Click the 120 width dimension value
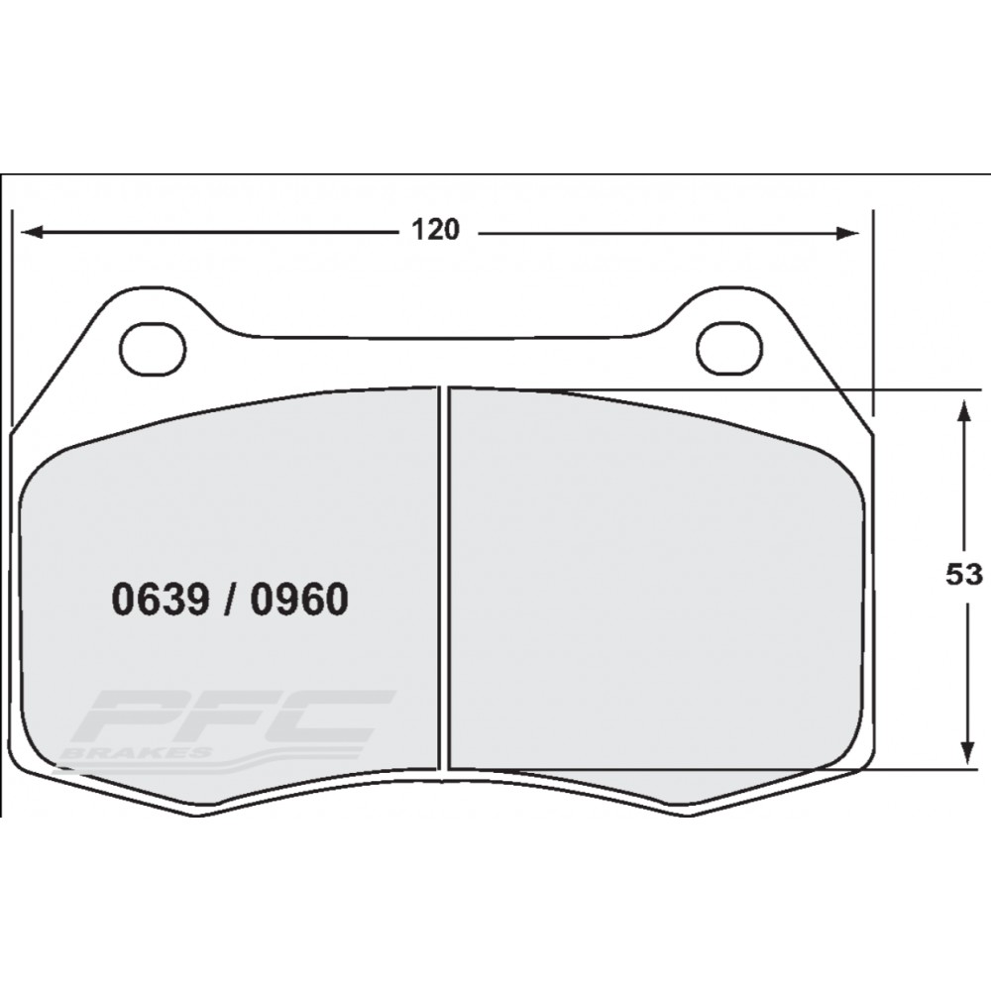click(436, 231)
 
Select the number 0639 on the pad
click(159, 601)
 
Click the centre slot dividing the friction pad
click(444, 575)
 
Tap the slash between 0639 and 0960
click(229, 601)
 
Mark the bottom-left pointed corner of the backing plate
click(198, 814)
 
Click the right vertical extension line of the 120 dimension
click(873, 317)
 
